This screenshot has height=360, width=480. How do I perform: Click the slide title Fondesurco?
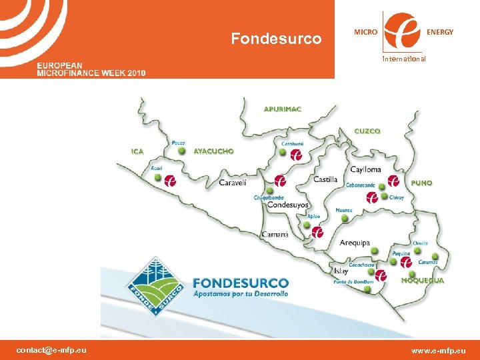pos(276,39)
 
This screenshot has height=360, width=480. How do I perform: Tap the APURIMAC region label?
pos(283,109)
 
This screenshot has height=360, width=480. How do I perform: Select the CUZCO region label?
pos(367,131)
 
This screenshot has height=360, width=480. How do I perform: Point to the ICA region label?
pos(137,151)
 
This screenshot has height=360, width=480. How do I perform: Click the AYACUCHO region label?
pos(213,151)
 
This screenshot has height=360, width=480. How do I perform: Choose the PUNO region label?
pos(421,182)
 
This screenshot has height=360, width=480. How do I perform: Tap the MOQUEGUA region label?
pos(423,281)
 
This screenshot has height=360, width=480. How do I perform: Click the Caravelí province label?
pos(233,182)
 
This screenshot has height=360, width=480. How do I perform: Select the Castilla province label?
pos(325,179)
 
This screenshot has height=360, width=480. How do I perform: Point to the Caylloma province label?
pos(365,169)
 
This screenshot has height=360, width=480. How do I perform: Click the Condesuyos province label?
pos(288,205)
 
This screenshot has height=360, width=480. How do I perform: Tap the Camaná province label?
pos(275,234)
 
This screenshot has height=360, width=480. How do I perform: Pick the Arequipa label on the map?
pos(354,243)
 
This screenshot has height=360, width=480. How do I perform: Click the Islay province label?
pos(341,271)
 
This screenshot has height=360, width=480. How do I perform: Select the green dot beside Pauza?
pos(181,151)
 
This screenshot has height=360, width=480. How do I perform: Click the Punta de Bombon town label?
pos(353,282)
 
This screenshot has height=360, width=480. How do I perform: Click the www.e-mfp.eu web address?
pos(438,350)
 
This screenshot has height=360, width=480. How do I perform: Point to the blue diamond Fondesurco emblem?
pos(155,285)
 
